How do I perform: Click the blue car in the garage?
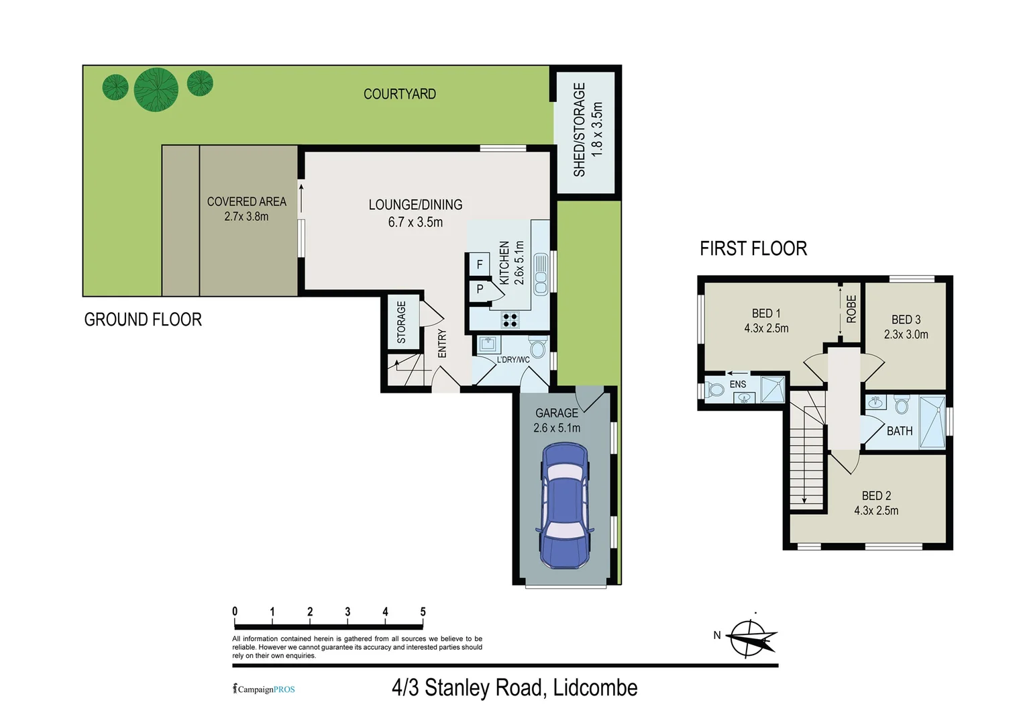pyautogui.click(x=564, y=505)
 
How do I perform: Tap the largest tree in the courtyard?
pyautogui.click(x=156, y=90)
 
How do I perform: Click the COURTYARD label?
pyautogui.click(x=400, y=94)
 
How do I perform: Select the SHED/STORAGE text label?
pyautogui.click(x=580, y=130)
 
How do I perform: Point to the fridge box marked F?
pyautogui.click(x=480, y=264)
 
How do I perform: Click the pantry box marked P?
pyautogui.click(x=480, y=289)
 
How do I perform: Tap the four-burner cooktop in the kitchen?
pyautogui.click(x=510, y=320)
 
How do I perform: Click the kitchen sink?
pyautogui.click(x=541, y=274)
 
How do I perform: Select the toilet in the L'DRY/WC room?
pyautogui.click(x=538, y=346)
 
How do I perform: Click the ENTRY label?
pyautogui.click(x=442, y=343)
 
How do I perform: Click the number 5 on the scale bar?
pyautogui.click(x=423, y=612)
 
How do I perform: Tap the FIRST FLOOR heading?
pyautogui.click(x=753, y=248)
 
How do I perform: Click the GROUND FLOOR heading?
pyautogui.click(x=143, y=320)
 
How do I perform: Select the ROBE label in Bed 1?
pyautogui.click(x=851, y=309)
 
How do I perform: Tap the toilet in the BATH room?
pyautogui.click(x=902, y=405)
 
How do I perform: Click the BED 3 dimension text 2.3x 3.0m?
pyautogui.click(x=906, y=334)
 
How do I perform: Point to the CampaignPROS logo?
pyautogui.click(x=264, y=689)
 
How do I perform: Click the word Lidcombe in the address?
pyautogui.click(x=595, y=688)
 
